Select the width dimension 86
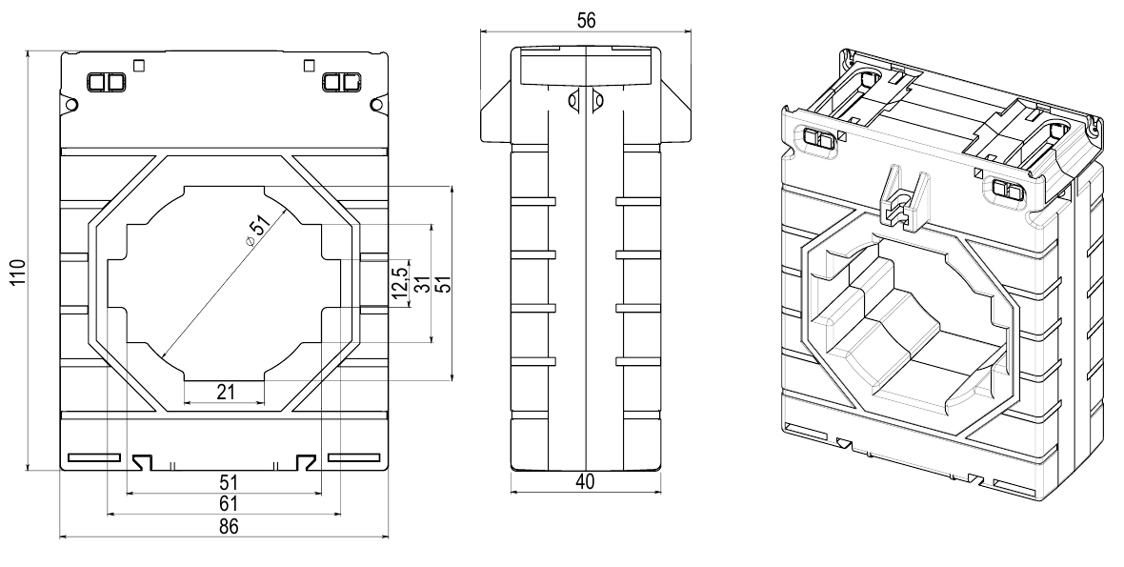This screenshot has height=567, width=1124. pyautogui.click(x=226, y=526)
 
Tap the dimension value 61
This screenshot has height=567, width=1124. pyautogui.click(x=226, y=503)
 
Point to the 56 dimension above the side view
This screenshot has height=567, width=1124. pyautogui.click(x=586, y=22)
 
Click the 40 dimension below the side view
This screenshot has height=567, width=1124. pyautogui.click(x=585, y=482)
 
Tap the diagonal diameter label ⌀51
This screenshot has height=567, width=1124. pyautogui.click(x=258, y=230)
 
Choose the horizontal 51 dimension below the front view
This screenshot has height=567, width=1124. pyautogui.click(x=226, y=481)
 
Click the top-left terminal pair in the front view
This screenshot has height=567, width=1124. pyautogui.click(x=107, y=82)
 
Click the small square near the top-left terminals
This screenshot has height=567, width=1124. pyautogui.click(x=140, y=66)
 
